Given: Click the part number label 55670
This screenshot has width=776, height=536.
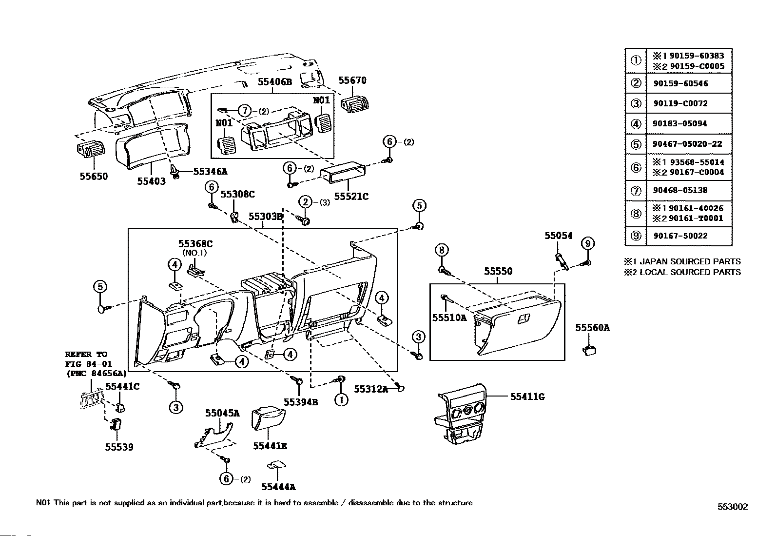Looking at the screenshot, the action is (x=352, y=80).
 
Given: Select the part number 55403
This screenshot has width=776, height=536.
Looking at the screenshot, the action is (x=152, y=181).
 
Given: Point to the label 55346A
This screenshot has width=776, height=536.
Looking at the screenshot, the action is (x=210, y=171).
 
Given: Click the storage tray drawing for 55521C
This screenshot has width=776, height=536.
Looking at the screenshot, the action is (x=343, y=172).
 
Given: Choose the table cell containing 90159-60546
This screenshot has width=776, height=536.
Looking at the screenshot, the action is (x=689, y=83).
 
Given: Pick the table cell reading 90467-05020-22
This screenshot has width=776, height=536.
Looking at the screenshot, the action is (x=689, y=144).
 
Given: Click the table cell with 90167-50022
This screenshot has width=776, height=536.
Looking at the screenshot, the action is (x=689, y=236).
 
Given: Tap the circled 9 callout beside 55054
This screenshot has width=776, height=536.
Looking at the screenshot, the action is (x=587, y=243).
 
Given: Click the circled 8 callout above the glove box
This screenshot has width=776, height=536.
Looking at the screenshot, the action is (x=442, y=250).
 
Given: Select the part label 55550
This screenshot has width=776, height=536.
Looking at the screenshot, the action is (x=498, y=271).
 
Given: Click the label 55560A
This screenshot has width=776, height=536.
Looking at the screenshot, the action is (x=592, y=328).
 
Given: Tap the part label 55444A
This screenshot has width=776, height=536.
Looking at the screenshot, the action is (x=278, y=487).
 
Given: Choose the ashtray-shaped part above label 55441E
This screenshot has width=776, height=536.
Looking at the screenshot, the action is (x=268, y=418).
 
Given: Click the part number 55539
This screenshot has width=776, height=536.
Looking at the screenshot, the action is (x=119, y=447).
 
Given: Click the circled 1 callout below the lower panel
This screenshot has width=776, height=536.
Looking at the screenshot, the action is (x=341, y=400).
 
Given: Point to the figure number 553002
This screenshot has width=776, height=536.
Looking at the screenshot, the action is (x=732, y=507).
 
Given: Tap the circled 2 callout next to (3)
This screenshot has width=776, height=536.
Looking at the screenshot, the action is (x=305, y=202).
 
